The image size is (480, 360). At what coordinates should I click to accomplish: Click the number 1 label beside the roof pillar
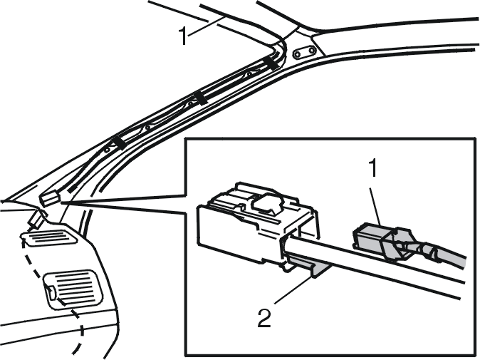[x=183, y=36]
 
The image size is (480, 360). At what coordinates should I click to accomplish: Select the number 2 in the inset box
[x=264, y=318]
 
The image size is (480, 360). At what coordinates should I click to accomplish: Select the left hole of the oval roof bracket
[x=297, y=55]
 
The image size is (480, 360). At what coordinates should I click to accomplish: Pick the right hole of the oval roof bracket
[x=311, y=50]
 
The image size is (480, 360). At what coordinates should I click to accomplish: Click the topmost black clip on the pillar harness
[x=272, y=63]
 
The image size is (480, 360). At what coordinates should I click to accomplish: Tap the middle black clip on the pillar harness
[x=201, y=98]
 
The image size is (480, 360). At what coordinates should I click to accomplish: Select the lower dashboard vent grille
[x=73, y=289]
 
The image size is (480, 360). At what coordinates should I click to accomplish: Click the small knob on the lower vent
[x=51, y=292]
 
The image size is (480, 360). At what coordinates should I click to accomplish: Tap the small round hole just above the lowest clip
[x=107, y=150]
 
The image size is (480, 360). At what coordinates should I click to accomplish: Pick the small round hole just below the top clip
[x=249, y=74]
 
